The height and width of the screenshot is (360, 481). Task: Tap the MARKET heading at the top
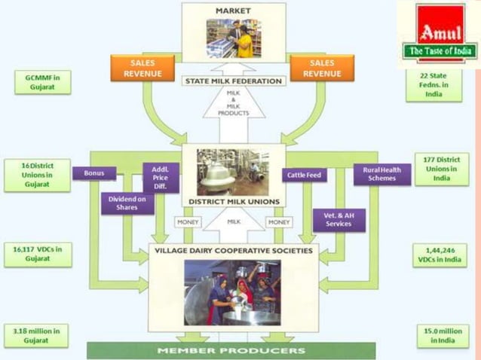[233, 11]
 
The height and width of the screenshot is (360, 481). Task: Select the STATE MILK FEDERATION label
[233, 81]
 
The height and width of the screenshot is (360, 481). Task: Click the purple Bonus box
[94, 173]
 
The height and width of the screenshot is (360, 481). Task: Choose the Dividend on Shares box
[127, 203]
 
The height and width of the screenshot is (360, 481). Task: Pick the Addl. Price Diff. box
[161, 178]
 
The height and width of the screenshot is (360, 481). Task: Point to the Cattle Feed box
[305, 175]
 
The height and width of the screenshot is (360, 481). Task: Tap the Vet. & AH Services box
[339, 219]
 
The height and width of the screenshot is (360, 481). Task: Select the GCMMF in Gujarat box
[42, 82]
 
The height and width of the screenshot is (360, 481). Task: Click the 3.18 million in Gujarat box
[36, 336]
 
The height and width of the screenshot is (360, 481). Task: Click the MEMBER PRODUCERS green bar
[231, 351]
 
